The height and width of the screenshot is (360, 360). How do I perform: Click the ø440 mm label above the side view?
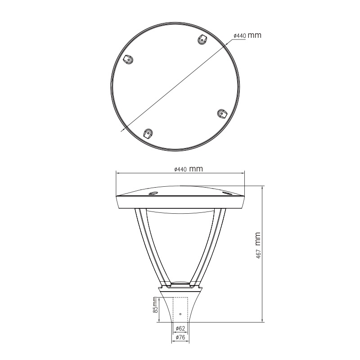(x=189, y=169)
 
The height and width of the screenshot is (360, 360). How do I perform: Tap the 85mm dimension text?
(x=155, y=305)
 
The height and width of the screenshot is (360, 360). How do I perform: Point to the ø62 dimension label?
(x=180, y=328)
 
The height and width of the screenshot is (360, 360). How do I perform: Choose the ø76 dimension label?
(x=180, y=337)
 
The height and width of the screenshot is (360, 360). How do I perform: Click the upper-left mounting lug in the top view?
(x=129, y=59)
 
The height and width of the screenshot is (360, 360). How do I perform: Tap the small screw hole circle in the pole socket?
(x=180, y=314)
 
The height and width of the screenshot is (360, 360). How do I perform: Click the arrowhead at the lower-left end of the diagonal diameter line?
(x=122, y=130)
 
